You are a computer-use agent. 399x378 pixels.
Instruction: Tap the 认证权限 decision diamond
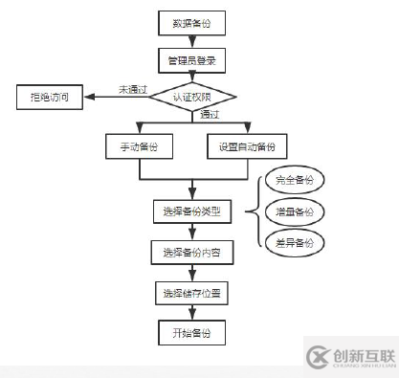coord(193,97)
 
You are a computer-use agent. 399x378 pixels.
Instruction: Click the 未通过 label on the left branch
coord(132,89)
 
